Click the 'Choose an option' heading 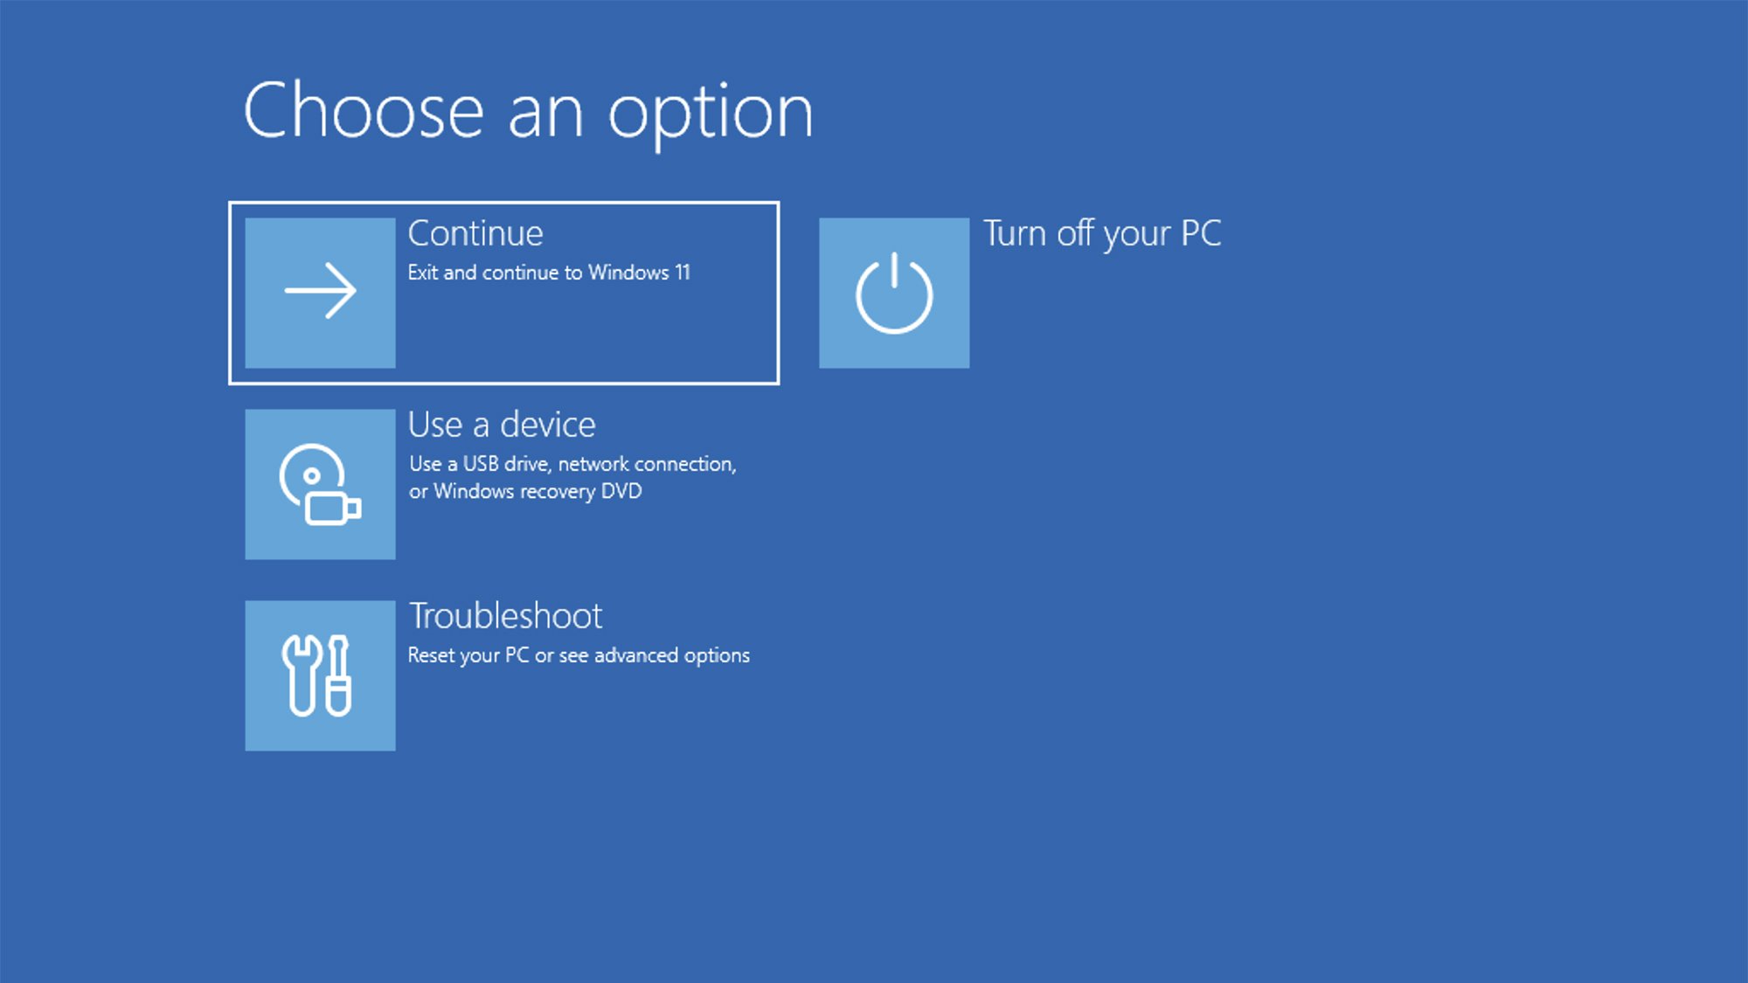point(529,112)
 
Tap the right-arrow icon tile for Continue point(320,293)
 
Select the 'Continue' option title point(475,233)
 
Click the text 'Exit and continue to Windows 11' point(549,273)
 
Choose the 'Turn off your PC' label point(1102,234)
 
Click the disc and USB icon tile point(320,484)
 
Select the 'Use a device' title point(502,425)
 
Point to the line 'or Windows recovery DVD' point(525,491)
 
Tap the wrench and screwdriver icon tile point(320,675)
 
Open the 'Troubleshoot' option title point(505,616)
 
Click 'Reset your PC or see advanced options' point(579,656)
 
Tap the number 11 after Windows point(682,273)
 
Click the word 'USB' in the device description point(481,464)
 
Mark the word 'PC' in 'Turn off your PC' point(1201,233)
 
